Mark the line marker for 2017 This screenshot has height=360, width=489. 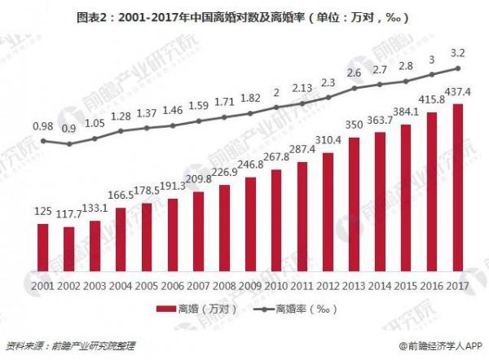458,68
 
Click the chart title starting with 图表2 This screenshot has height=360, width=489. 244,15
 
